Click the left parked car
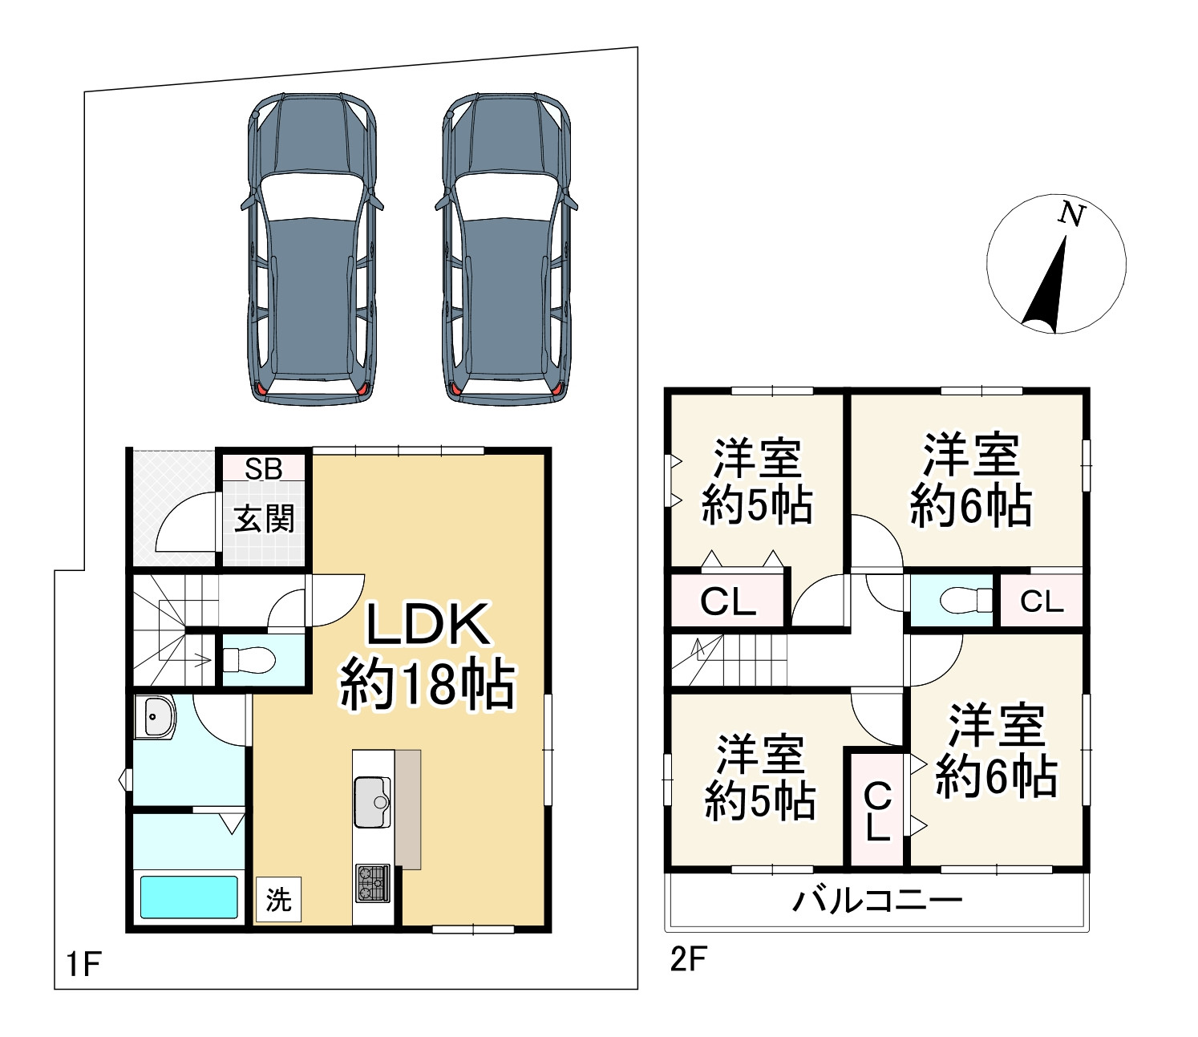(x=312, y=249)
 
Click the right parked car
(x=507, y=249)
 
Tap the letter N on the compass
(x=1071, y=214)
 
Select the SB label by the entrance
(x=264, y=468)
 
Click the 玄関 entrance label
(x=264, y=519)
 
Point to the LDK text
(x=428, y=625)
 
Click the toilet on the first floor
(x=249, y=660)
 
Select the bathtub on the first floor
(x=189, y=897)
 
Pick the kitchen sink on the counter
(x=372, y=801)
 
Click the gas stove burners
(x=373, y=883)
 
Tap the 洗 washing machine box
(x=278, y=899)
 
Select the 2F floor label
(x=688, y=959)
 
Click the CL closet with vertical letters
(x=877, y=811)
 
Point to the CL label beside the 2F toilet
(x=1041, y=601)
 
